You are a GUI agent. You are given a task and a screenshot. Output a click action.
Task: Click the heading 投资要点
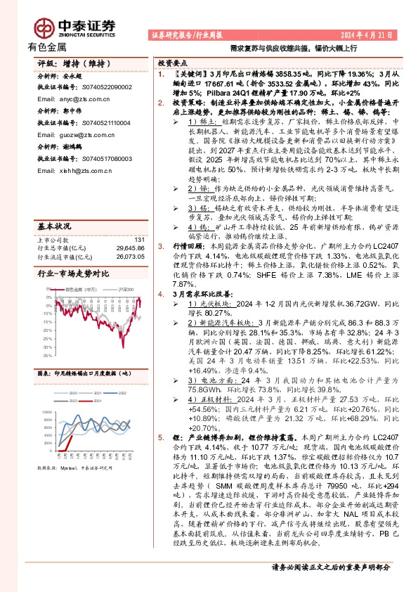[171, 62]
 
